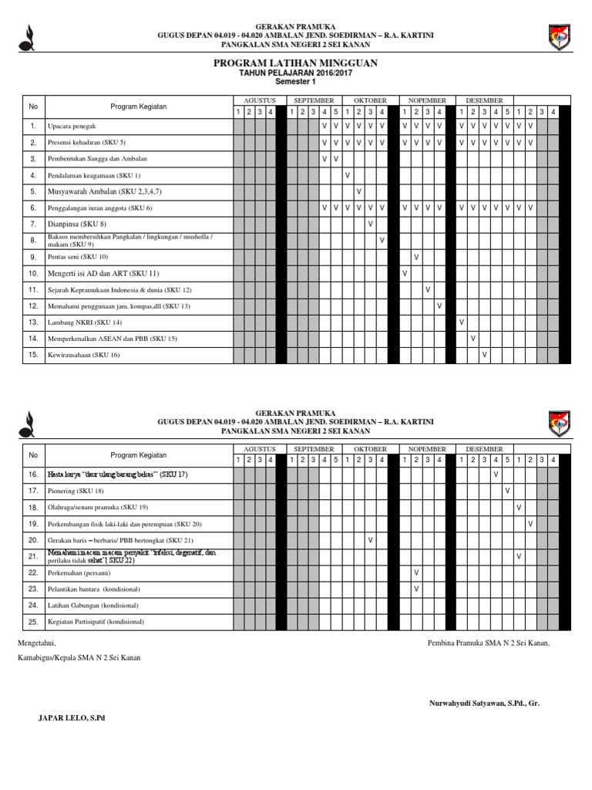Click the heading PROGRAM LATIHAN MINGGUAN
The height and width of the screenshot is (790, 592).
pos(295,62)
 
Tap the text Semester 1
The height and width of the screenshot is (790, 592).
pos(295,81)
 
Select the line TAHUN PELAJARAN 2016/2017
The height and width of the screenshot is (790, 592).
pos(295,73)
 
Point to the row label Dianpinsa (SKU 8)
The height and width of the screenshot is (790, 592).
pos(77,224)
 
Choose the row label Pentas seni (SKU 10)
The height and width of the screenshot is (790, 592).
pos(78,257)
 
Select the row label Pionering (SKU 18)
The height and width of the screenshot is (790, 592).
pos(75,491)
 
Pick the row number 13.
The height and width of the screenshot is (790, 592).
pos(33,322)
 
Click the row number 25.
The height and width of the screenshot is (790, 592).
pos(33,622)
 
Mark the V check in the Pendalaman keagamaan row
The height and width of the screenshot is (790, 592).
pos(348,175)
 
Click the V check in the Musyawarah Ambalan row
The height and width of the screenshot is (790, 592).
pos(359,191)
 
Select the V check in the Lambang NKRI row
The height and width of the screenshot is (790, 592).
pos(461,322)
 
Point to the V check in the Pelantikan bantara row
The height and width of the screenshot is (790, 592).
pos(416,589)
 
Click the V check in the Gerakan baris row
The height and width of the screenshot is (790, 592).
pos(371,540)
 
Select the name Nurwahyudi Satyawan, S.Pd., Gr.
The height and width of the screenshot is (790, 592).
pos(484,703)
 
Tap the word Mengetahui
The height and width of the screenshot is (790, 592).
pos(36,642)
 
